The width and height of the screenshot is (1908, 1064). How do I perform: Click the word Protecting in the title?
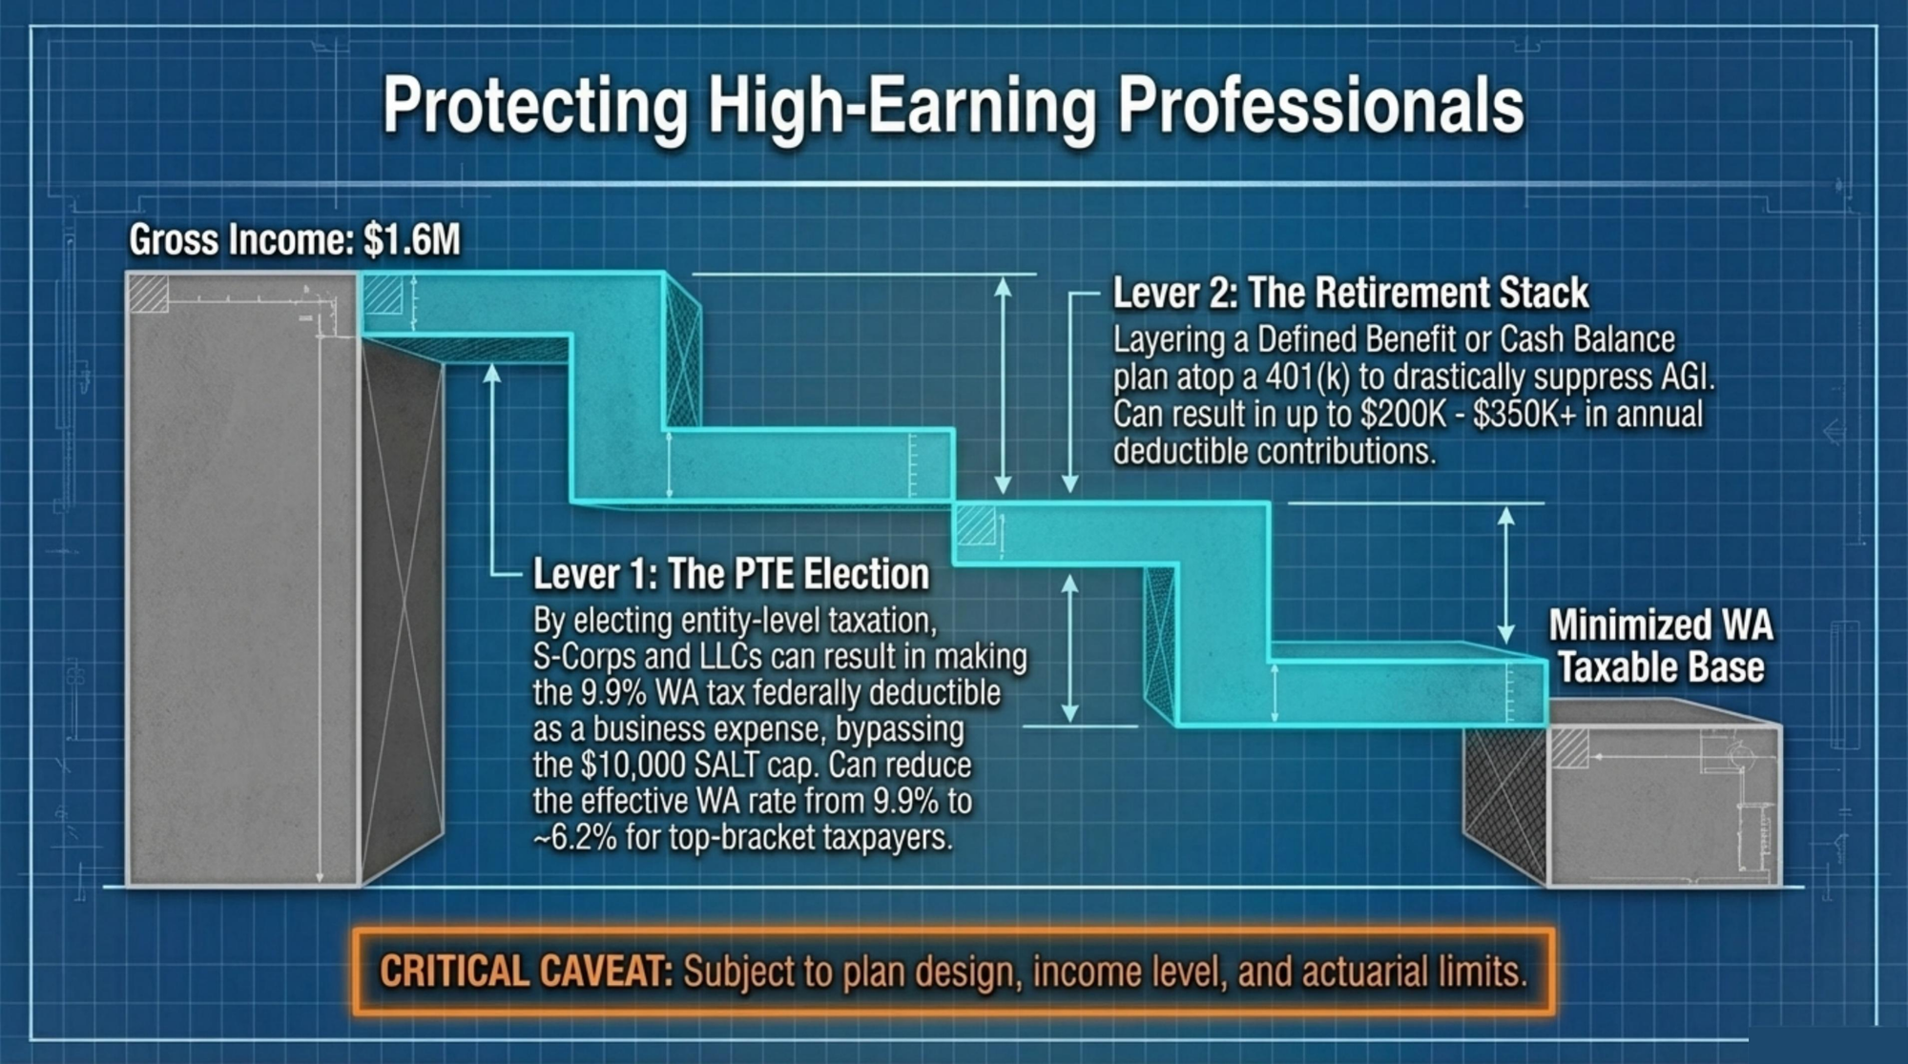535,107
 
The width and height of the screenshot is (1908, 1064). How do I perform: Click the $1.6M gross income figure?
412,240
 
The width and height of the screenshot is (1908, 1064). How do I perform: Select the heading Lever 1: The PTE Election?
731,574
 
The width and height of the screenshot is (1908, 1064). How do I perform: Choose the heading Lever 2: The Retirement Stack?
1351,293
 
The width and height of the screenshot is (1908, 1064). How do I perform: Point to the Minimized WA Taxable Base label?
1661,646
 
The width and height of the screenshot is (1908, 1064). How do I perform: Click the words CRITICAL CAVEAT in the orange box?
527,972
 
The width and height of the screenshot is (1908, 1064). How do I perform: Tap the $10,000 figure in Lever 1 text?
630,765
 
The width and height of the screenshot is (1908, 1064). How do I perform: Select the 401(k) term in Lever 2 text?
1308,378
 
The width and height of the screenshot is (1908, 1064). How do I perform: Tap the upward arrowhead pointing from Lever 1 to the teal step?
491,373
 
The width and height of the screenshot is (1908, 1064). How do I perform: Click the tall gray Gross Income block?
243,579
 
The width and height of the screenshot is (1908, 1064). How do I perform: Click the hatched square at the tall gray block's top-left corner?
148,293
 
